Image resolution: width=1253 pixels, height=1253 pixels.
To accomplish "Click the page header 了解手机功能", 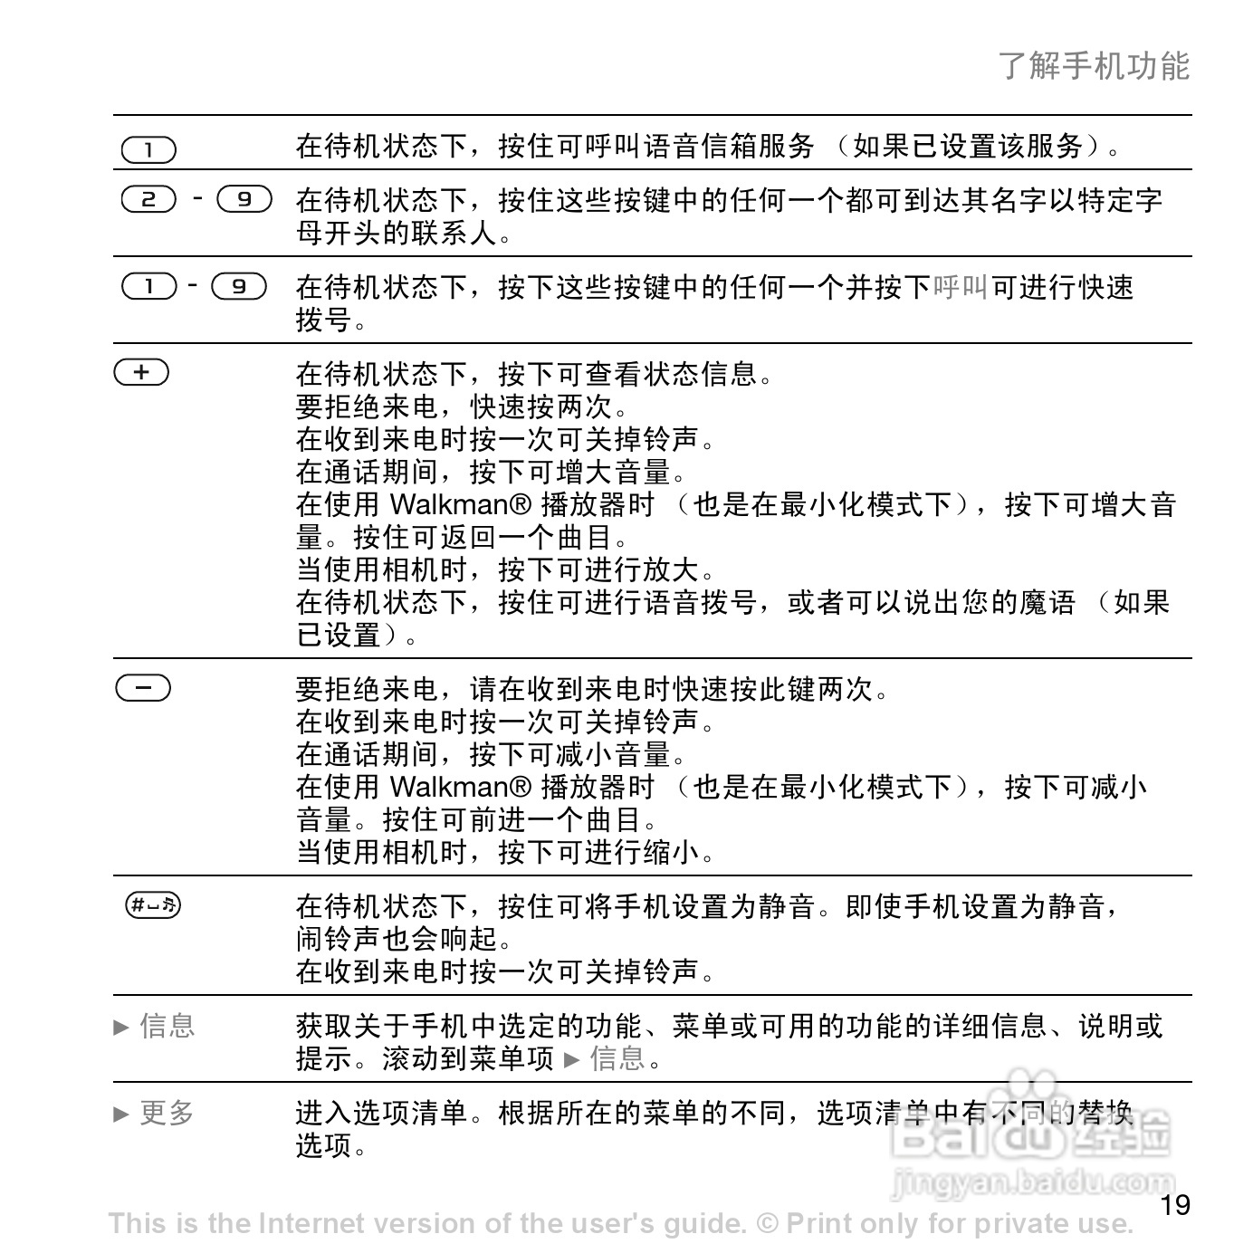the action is click(x=1094, y=66).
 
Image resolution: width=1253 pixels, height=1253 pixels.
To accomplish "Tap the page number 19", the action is click(x=1175, y=1205).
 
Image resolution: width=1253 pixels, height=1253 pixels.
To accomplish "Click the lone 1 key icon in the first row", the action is click(x=148, y=149).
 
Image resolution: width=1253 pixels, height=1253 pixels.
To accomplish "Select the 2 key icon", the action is click(x=148, y=199).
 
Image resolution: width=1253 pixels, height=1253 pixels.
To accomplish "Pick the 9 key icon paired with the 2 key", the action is click(x=244, y=199).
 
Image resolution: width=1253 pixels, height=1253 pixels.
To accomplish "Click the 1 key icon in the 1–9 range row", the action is click(x=148, y=286).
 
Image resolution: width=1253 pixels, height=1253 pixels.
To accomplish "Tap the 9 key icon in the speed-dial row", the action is click(x=239, y=286).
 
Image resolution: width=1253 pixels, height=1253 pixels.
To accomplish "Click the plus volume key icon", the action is click(x=141, y=372).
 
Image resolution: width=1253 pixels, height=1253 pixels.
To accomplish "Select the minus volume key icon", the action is click(x=143, y=688).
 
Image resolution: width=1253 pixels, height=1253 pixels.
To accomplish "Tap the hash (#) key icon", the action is click(x=153, y=904).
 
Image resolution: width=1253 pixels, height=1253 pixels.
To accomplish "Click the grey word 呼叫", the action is click(x=961, y=287).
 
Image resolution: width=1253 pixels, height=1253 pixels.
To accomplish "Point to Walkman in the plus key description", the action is click(x=461, y=504).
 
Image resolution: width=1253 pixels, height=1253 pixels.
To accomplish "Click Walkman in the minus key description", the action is click(x=461, y=787).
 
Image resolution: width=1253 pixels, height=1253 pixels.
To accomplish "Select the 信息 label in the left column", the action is click(x=167, y=1026).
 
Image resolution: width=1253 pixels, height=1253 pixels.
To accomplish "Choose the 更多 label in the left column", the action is click(x=167, y=1113).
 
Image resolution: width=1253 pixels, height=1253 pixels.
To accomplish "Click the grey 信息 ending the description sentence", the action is click(x=617, y=1057).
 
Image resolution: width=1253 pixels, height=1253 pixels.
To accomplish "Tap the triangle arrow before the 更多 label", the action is click(x=121, y=1114).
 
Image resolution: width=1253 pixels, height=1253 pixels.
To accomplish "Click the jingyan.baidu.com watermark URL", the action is click(x=1032, y=1181).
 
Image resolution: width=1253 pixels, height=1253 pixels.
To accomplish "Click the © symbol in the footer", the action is click(x=767, y=1224).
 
